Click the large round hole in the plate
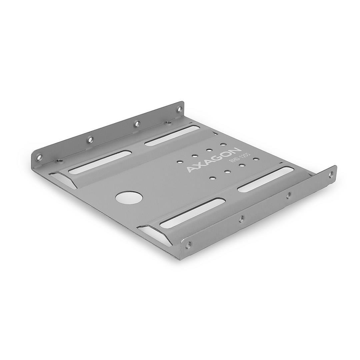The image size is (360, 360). pos(129,197)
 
